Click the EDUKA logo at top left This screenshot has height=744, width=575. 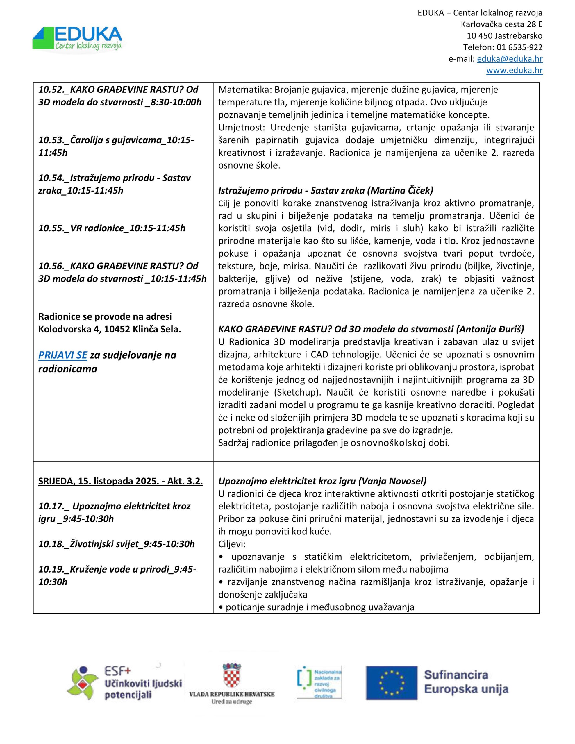point(77,38)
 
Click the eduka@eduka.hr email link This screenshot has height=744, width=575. point(509,59)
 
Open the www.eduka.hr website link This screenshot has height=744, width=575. point(514,71)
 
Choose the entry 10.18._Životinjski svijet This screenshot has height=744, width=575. point(116,544)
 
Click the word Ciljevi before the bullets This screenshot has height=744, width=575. point(232,544)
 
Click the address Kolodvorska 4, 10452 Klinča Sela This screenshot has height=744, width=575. point(109,329)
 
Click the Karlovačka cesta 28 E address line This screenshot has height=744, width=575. point(501,24)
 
